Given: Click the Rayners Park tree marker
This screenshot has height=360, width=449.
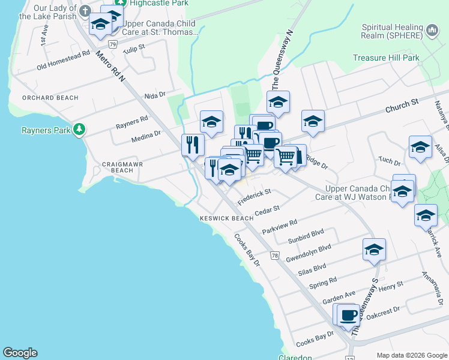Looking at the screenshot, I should coord(79,130).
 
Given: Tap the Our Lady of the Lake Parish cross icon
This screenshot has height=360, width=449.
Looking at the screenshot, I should coord(85,11).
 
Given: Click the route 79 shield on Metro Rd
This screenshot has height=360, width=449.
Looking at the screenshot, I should coord(112,44).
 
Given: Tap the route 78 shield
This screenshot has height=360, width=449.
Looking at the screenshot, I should coord(274,256).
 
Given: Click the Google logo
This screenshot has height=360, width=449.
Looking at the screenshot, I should coord(20,353).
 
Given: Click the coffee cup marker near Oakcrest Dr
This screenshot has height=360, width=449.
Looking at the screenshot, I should coord(348,314).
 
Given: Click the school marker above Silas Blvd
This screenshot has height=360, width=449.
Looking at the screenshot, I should coord(374,249).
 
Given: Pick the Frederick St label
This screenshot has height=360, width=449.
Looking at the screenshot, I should coord(255,197).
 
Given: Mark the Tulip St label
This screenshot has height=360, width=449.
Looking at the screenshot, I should coord(134,48).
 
